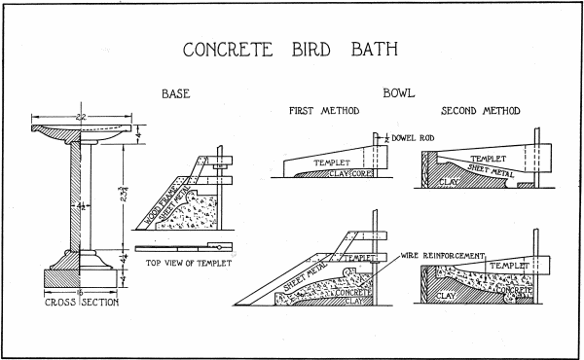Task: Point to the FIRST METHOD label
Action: [x=325, y=111]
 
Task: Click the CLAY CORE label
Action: [x=350, y=173]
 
